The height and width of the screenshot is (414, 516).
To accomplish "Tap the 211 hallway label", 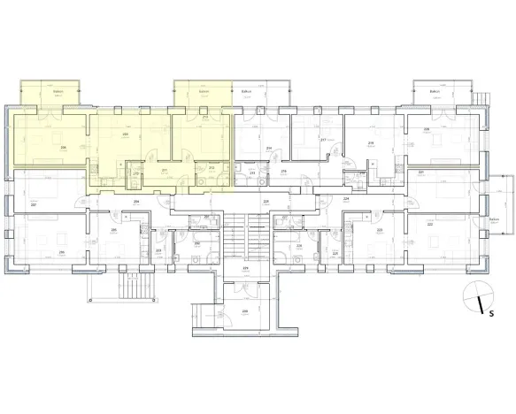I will click(164, 170).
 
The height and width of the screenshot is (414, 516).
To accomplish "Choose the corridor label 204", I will click(135, 202).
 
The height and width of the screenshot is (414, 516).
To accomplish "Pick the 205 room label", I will click(114, 230).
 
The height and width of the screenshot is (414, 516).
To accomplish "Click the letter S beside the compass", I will click(489, 310).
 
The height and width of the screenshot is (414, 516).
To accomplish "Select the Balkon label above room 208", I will click(57, 91).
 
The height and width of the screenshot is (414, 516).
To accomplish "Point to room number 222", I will click(429, 224).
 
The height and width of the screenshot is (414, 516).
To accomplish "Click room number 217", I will click(323, 140).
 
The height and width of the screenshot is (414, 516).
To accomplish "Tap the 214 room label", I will click(268, 148).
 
